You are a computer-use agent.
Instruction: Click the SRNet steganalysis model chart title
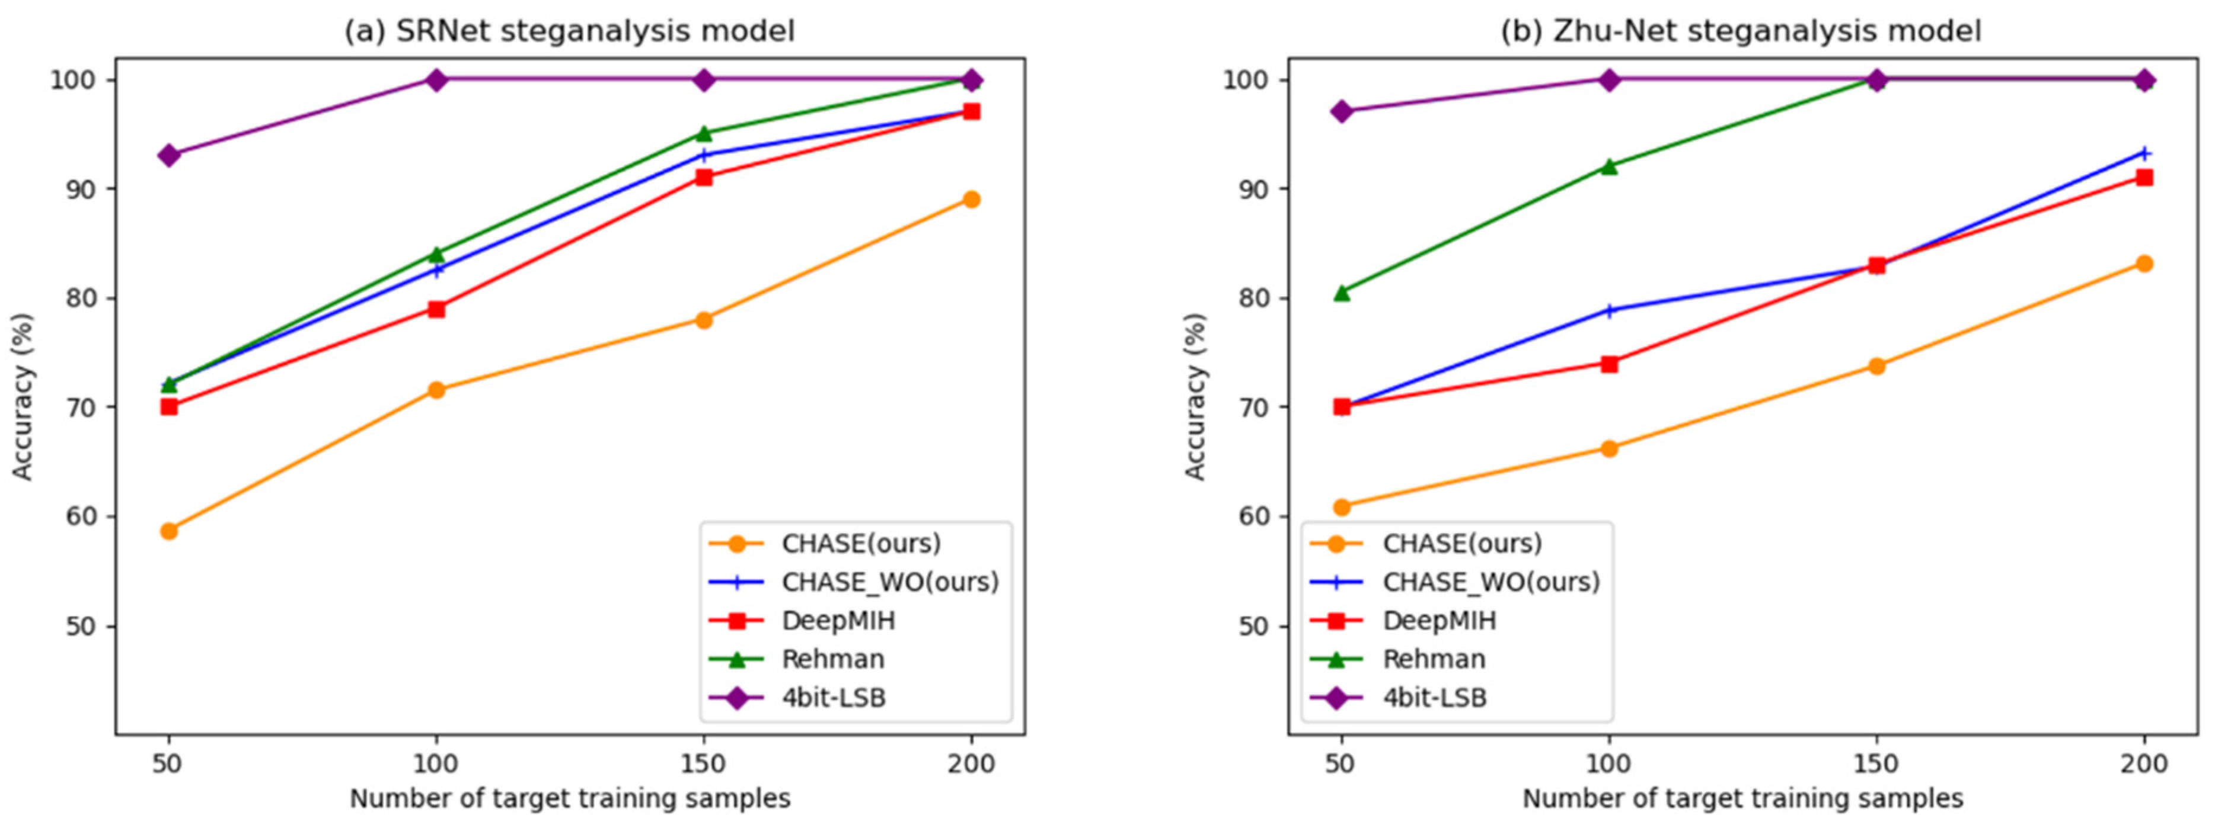(569, 31)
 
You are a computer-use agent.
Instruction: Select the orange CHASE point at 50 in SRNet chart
(168, 531)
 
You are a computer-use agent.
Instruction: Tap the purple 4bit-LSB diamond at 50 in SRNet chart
(168, 156)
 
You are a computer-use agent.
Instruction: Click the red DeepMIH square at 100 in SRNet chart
(436, 309)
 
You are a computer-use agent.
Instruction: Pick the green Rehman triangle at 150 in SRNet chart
(703, 133)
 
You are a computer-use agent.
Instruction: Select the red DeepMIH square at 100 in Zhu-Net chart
(1609, 364)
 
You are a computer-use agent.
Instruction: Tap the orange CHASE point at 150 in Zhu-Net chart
(1876, 366)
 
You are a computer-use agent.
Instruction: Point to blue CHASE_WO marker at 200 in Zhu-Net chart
(2144, 153)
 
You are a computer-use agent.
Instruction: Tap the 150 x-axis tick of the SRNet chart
(703, 763)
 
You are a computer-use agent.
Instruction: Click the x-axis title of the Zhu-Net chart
(1742, 798)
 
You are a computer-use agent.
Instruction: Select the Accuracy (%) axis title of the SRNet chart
(23, 396)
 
